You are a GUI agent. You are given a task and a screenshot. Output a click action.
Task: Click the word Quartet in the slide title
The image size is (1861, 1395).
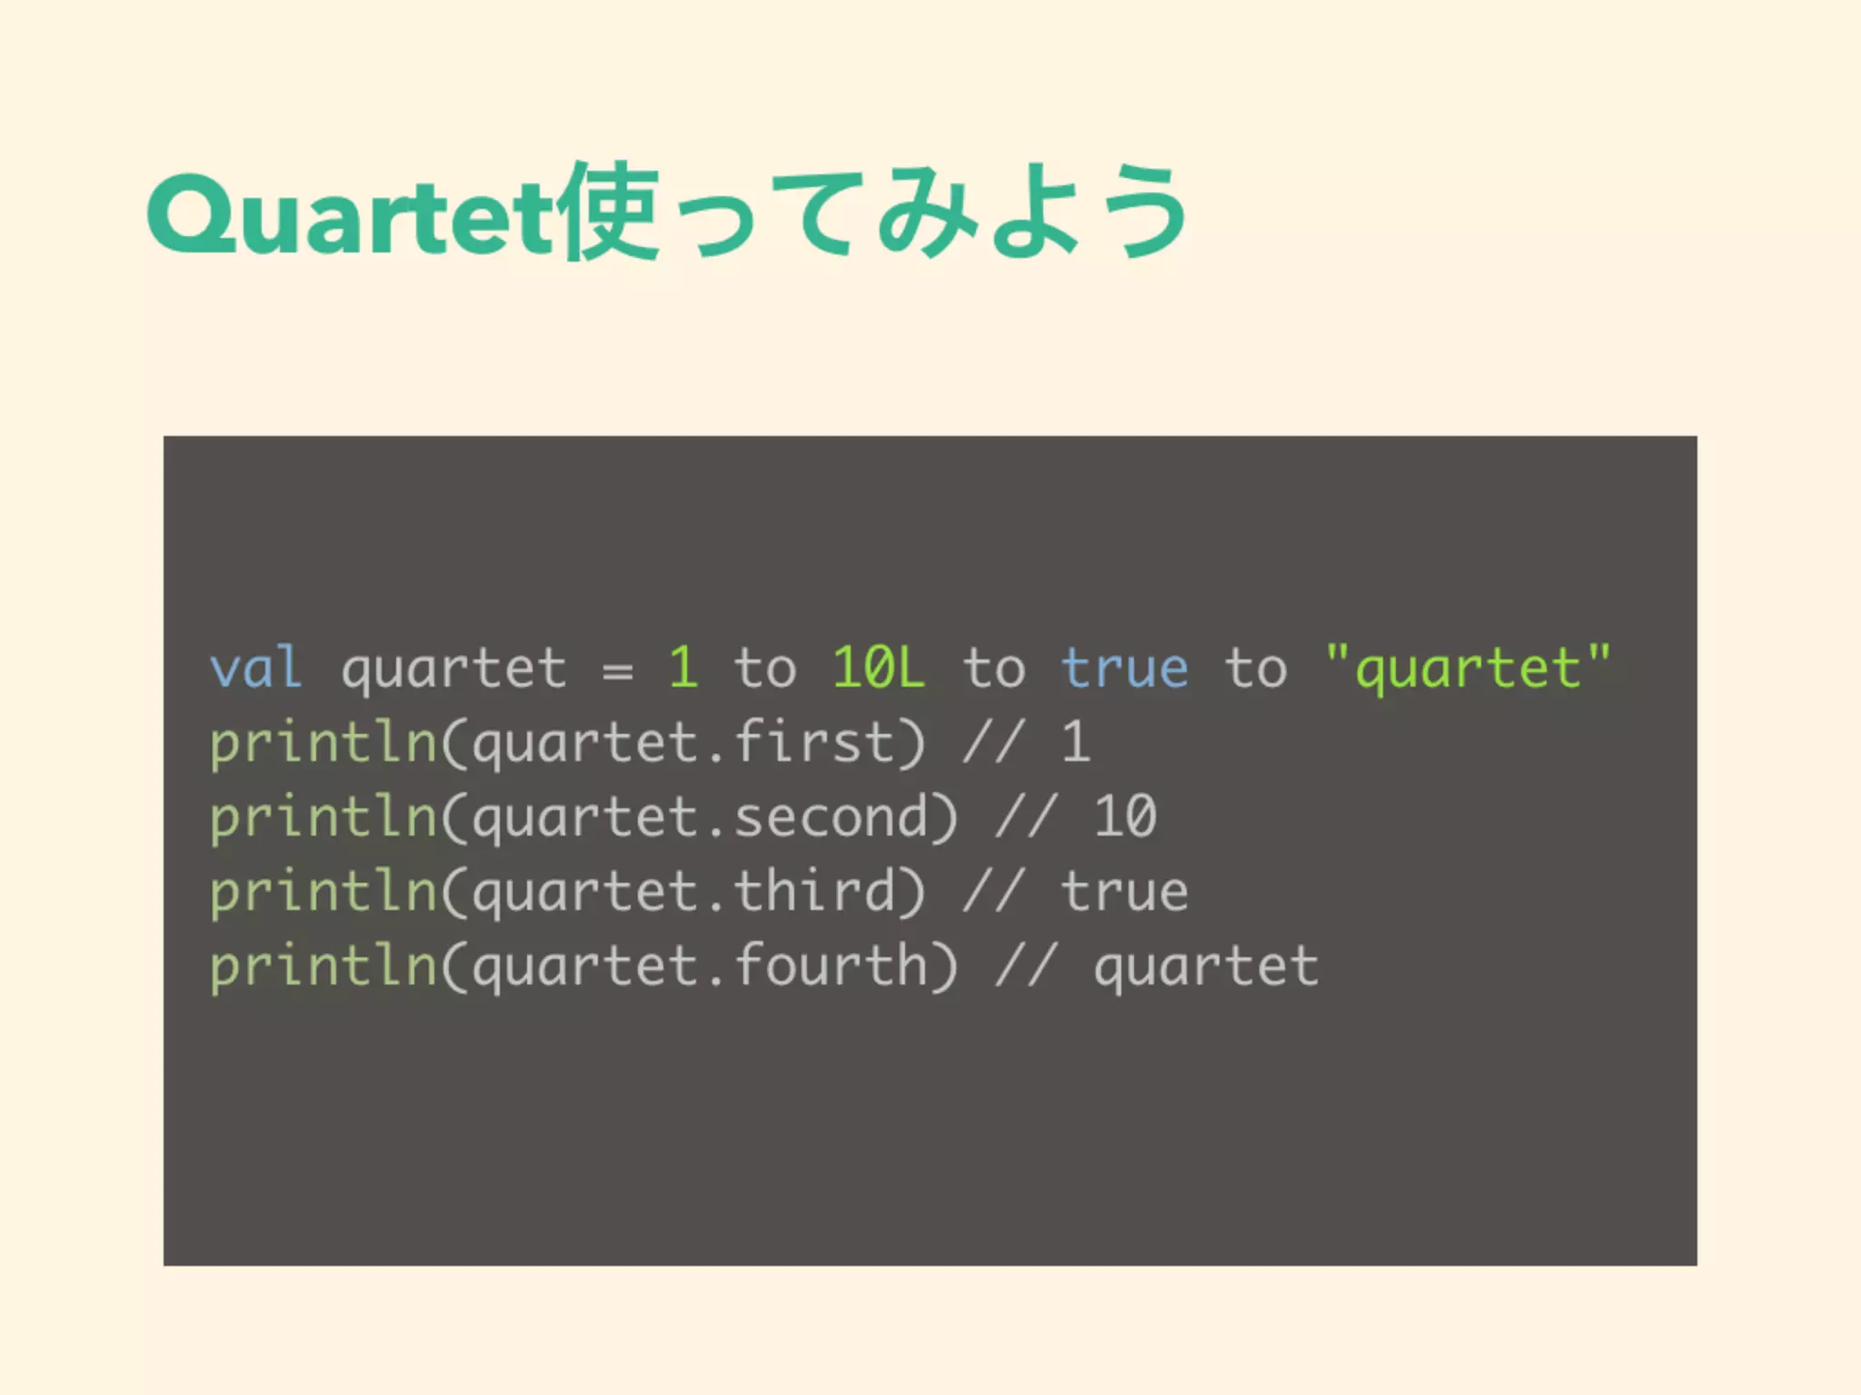pos(350,215)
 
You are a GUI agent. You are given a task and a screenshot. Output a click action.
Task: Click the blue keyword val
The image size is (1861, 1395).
pos(255,668)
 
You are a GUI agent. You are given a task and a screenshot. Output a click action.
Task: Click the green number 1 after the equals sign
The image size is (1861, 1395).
pos(683,668)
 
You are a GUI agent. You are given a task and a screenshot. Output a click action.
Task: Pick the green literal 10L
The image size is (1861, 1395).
pos(879,668)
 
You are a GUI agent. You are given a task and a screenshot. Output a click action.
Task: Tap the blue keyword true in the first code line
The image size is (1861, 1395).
pos(1125,668)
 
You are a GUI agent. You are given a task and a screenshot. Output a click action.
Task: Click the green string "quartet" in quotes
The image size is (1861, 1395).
pos(1468,670)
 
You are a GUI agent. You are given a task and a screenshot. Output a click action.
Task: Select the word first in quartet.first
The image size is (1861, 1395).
pos(814,742)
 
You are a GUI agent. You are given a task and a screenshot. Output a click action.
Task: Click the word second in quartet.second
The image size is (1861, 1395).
pos(831,816)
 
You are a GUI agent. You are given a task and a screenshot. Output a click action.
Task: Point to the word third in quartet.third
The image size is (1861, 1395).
pos(814,891)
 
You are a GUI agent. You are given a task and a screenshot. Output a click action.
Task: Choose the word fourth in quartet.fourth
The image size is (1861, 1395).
pos(831,965)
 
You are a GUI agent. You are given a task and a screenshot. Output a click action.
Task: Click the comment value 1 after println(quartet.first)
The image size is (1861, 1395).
pos(1076,742)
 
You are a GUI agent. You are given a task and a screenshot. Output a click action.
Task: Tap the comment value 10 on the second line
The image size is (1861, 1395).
pos(1125,816)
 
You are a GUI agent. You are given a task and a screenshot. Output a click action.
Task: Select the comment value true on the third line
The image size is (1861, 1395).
pos(1125,891)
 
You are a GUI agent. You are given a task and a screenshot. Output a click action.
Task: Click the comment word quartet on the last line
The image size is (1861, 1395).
pos(1206,965)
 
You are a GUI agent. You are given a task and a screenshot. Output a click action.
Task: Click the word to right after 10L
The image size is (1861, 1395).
pos(994,668)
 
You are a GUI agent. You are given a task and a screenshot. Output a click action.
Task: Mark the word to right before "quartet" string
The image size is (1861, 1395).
pos(1256,668)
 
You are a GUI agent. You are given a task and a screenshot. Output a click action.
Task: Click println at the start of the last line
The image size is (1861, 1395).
pos(323,965)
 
